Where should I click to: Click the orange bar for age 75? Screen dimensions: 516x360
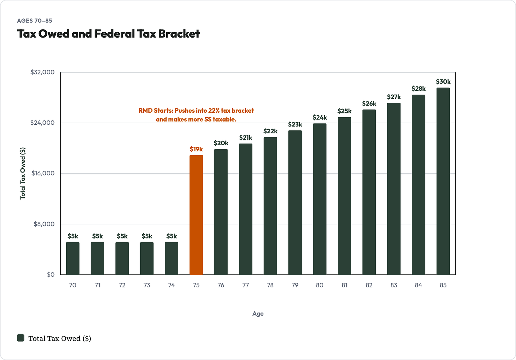(x=196, y=215)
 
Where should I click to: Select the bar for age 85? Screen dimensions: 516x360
(x=443, y=181)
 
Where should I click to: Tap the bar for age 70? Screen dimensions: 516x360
(x=73, y=258)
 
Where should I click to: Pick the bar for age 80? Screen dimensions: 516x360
(x=320, y=199)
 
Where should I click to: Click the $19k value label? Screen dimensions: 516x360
(x=196, y=149)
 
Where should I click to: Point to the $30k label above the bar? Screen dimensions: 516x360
(x=443, y=81)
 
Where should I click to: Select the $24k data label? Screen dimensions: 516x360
(x=320, y=118)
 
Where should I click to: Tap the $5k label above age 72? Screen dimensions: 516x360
(x=122, y=236)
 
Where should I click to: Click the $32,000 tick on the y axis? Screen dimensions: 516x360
(x=43, y=72)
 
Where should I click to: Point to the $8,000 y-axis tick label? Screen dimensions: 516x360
(x=44, y=224)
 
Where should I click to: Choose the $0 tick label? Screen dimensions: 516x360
(x=51, y=275)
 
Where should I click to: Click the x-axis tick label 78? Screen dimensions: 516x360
(x=270, y=285)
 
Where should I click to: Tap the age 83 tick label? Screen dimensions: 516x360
(x=394, y=285)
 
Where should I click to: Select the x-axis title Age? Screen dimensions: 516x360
(x=258, y=314)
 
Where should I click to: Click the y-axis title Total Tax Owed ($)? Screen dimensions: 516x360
(x=23, y=173)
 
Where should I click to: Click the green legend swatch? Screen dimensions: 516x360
(x=21, y=338)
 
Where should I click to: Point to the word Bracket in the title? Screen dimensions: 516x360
(x=179, y=34)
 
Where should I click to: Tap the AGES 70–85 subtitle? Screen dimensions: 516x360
(x=35, y=21)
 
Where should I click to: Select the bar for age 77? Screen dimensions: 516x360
(x=246, y=209)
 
